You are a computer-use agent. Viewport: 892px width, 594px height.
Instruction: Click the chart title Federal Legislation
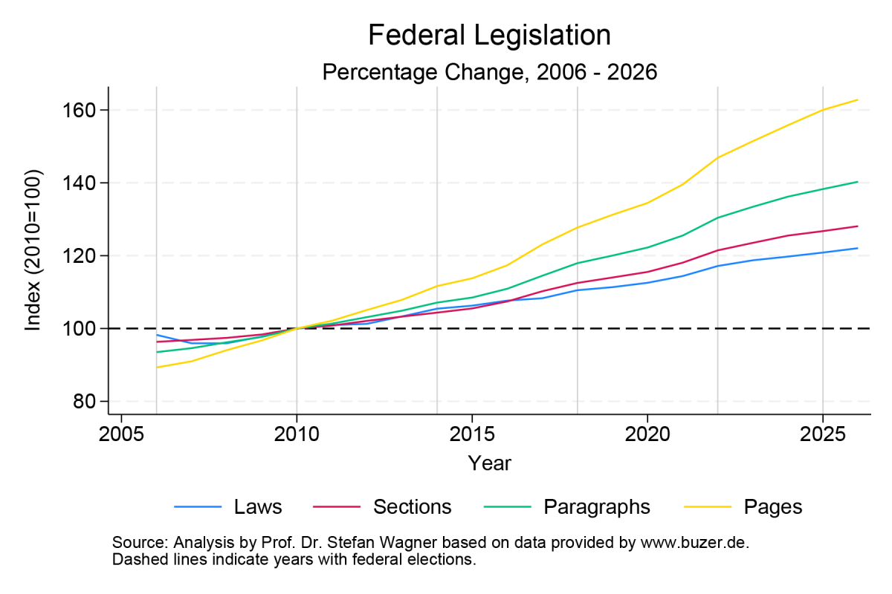(489, 36)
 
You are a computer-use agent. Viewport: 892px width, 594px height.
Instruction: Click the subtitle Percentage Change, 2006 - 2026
(489, 72)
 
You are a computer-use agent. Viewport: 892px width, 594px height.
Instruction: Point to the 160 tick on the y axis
(83, 110)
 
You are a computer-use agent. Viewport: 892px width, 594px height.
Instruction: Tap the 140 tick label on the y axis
(83, 183)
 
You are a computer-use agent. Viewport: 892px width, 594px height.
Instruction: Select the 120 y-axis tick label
(83, 255)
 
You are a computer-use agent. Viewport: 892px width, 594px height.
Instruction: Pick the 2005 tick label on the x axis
(121, 432)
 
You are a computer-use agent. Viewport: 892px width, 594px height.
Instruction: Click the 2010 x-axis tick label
(297, 432)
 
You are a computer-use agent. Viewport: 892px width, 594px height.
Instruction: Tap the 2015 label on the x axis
(472, 432)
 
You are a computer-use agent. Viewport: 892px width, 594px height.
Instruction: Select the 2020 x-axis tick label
(647, 432)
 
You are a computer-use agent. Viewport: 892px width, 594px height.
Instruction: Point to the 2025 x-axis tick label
(822, 432)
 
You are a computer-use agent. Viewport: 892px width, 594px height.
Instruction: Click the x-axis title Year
(489, 463)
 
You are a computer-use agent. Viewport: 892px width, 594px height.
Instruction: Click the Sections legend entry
(412, 507)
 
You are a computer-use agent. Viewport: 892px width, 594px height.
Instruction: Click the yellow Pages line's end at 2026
(857, 99)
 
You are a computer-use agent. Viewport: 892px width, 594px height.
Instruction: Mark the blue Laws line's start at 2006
(157, 335)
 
